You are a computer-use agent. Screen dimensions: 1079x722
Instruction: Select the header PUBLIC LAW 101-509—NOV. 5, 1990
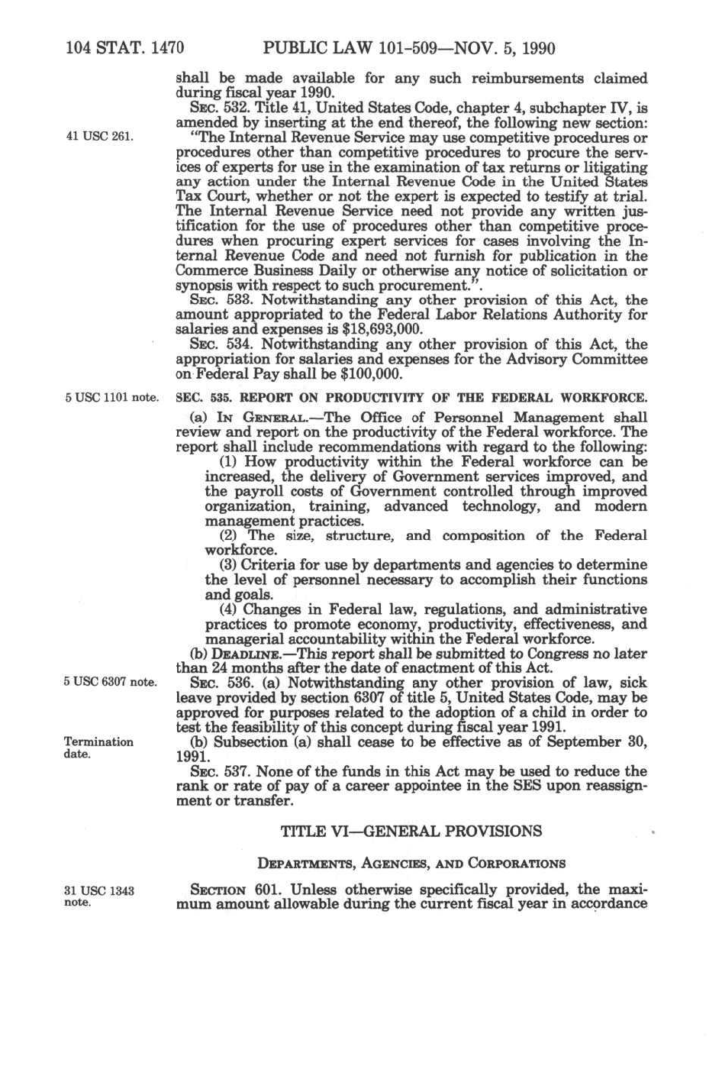(x=408, y=49)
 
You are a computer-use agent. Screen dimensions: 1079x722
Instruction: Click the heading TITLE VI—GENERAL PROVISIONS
(x=411, y=831)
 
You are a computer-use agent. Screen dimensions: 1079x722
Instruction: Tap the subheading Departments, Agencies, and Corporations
(x=411, y=864)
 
